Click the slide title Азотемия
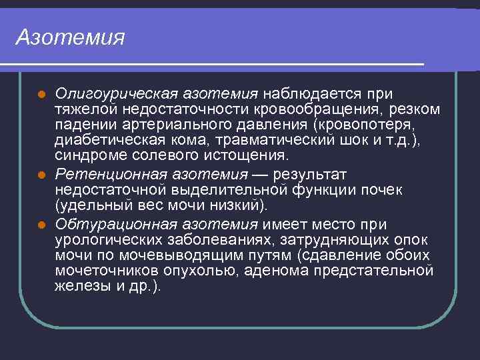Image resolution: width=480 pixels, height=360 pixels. click(x=71, y=37)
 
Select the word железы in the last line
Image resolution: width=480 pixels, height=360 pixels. click(x=79, y=287)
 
